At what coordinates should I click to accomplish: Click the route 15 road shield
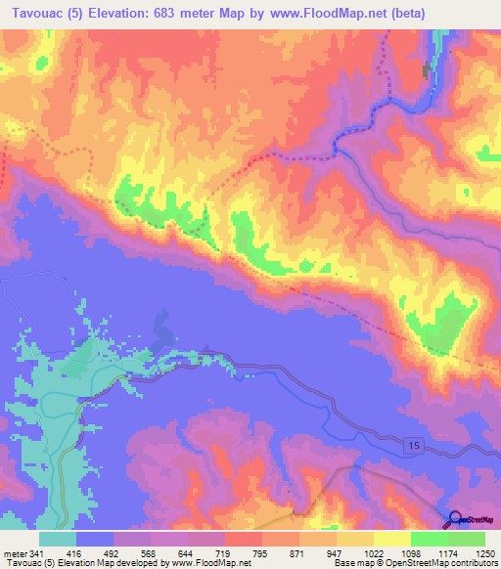tap(416, 445)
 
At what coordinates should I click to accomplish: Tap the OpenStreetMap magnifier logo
tap(454, 521)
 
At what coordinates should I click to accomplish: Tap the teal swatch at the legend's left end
tap(58, 538)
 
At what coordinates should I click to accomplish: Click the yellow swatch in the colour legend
tap(391, 538)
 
